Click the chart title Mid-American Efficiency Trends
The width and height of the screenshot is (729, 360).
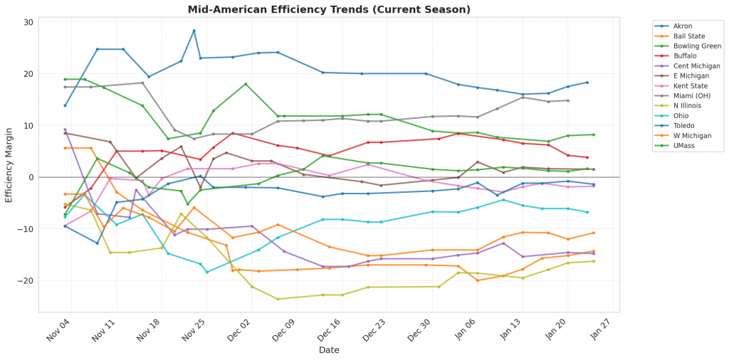tap(329, 9)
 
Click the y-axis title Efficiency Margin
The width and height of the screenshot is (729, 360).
tap(9, 165)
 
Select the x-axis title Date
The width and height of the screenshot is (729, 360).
tap(329, 350)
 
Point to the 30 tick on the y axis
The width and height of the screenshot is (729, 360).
tap(28, 22)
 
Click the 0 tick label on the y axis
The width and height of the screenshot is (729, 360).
tap(31, 177)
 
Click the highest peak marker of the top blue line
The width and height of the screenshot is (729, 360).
tap(194, 31)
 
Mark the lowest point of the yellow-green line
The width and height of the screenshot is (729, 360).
tap(278, 299)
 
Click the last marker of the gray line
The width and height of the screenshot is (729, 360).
tap(567, 100)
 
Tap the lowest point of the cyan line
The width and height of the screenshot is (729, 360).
tap(207, 272)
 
